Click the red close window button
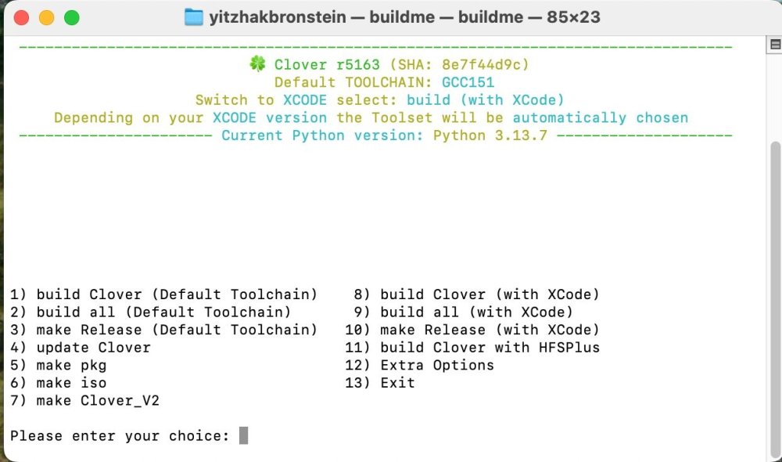(21, 17)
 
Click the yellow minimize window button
(46, 17)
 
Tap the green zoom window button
(72, 17)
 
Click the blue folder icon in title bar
(193, 17)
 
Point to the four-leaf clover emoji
(257, 63)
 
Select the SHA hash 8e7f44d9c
(481, 65)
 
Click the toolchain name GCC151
(468, 82)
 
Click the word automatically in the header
(569, 118)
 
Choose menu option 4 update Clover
(81, 348)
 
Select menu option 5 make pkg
(59, 366)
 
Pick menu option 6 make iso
(59, 383)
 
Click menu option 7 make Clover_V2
(84, 401)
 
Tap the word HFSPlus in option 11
(569, 348)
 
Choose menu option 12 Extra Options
(419, 365)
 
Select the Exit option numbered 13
(379, 383)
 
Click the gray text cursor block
(243, 435)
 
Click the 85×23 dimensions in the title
(573, 17)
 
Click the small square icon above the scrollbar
(775, 45)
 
